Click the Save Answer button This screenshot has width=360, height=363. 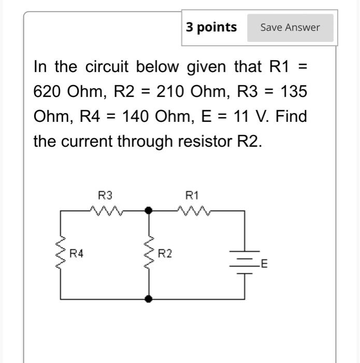290,27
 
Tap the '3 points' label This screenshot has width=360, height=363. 212,27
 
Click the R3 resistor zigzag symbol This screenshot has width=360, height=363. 106,211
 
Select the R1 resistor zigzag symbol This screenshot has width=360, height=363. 193,211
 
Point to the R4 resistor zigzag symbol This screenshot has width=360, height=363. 62,254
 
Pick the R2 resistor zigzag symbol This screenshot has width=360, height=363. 149,254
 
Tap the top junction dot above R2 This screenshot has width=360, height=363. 149,211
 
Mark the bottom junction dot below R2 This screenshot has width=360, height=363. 149,299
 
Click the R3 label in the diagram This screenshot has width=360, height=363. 105,196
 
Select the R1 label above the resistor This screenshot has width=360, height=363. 192,196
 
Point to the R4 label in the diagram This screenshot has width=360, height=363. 77,254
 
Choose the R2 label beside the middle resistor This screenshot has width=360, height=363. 165,254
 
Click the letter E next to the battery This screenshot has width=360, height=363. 264,264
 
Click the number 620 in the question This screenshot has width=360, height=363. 48,92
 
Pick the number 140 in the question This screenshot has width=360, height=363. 137,116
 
